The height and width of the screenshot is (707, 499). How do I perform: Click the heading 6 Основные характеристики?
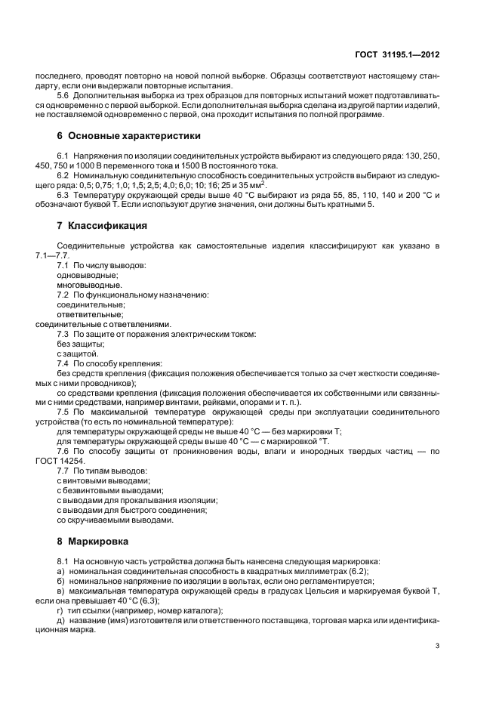pos(119,137)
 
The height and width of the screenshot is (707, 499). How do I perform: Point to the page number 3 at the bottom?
pos(438,646)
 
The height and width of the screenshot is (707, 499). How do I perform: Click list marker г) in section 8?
pos(60,610)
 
